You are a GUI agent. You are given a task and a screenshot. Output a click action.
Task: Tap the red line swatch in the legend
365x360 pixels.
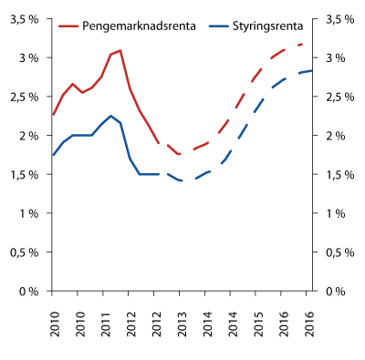[x=69, y=26]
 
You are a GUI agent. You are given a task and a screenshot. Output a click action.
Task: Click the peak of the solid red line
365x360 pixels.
[x=120, y=50]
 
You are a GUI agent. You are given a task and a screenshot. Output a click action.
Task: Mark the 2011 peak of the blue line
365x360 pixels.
[x=110, y=116]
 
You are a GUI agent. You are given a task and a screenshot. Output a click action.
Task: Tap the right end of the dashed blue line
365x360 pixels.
[x=312, y=70]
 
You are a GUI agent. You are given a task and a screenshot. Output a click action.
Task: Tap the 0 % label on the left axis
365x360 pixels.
[x=31, y=291]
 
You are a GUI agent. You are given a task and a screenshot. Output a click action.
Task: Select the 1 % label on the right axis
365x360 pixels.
[x=333, y=213]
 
